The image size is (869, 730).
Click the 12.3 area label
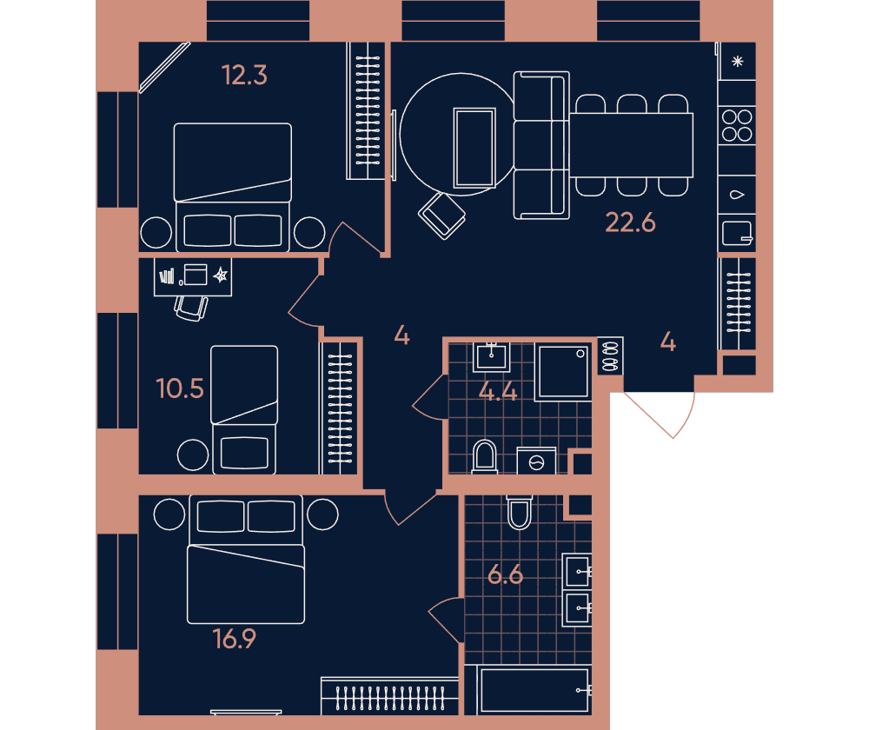(244, 76)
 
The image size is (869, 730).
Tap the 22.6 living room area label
(630, 222)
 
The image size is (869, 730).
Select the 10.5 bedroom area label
(180, 388)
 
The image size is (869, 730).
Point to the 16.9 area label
(234, 639)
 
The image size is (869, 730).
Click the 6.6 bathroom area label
(505, 574)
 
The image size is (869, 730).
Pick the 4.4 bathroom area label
(498, 393)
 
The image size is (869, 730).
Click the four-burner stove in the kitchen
(737, 125)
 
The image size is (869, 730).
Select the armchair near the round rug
(441, 216)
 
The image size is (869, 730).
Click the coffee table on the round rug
(474, 148)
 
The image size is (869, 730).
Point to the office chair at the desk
(191, 309)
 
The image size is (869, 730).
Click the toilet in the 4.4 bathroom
(484, 457)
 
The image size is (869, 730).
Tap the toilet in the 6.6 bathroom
(520, 512)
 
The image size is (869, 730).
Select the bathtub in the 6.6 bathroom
(534, 691)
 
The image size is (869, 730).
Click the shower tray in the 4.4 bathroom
(563, 372)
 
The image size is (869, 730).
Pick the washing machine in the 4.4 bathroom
(536, 461)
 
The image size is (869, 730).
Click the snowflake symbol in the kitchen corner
(737, 62)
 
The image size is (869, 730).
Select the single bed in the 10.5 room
(244, 409)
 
